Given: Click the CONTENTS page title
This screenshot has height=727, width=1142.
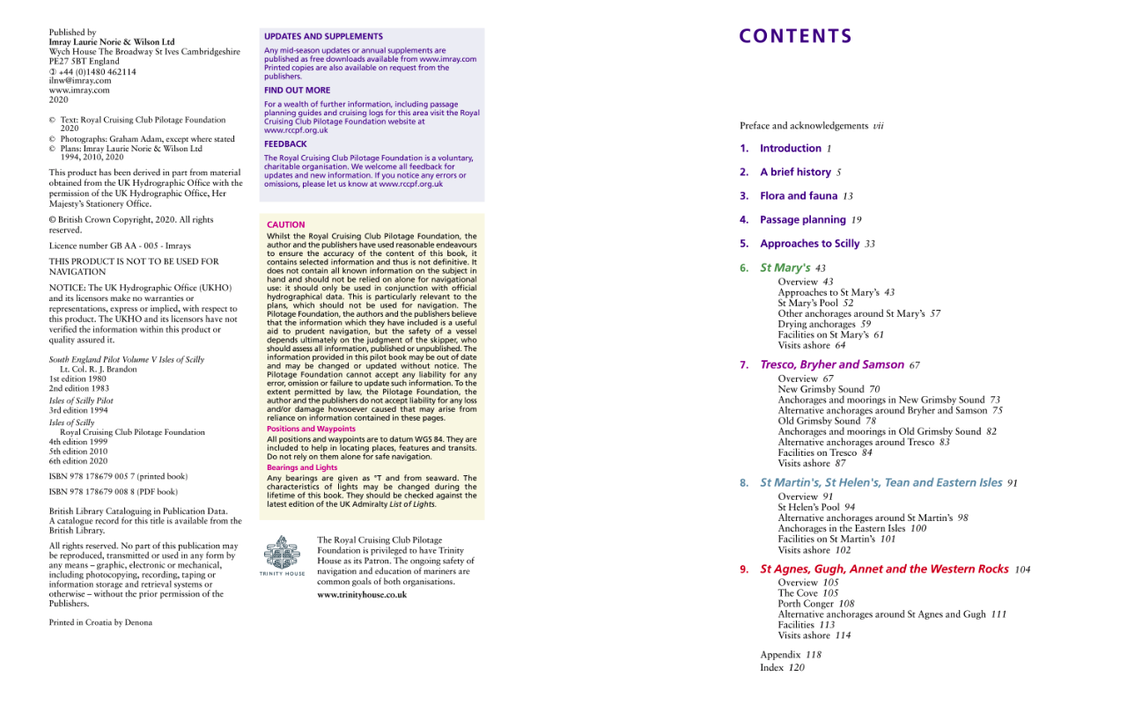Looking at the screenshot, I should click(x=795, y=36).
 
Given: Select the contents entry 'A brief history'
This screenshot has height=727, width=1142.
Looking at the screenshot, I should click(x=795, y=173).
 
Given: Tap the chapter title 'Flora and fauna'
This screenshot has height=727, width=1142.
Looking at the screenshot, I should click(x=799, y=196).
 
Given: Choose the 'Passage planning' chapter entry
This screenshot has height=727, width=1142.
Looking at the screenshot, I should click(x=802, y=220).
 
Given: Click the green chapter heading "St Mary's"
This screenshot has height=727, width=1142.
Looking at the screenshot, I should click(x=785, y=268).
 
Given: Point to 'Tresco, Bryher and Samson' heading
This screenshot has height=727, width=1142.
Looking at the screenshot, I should click(x=831, y=364).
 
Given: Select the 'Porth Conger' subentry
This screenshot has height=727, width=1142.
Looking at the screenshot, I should click(x=806, y=604).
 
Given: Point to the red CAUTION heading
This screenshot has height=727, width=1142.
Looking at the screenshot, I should click(x=286, y=224).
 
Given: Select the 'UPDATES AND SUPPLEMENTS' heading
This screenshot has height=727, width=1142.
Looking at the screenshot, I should click(x=323, y=37).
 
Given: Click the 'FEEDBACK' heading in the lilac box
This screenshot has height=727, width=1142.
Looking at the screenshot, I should click(x=285, y=143).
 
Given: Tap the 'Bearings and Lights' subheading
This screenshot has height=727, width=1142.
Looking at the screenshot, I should click(x=302, y=467).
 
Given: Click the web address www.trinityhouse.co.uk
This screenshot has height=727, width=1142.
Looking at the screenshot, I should click(x=362, y=595).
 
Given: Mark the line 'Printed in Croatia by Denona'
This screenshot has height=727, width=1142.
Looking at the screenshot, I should click(x=100, y=622).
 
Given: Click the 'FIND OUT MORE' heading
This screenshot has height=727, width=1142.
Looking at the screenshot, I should click(x=297, y=90).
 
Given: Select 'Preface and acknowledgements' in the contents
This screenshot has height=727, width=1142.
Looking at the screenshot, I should click(x=803, y=126).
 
